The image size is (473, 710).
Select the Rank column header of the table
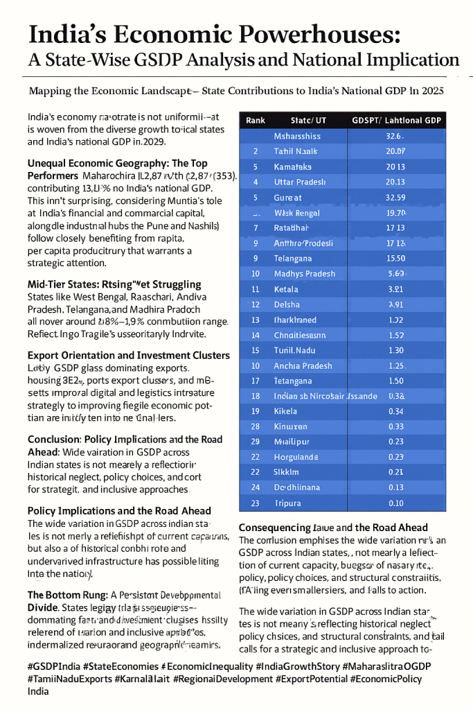tap(256, 120)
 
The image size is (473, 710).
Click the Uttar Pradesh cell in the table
tap(300, 182)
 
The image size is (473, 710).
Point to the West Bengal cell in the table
tap(297, 212)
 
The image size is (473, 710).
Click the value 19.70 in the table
tap(395, 212)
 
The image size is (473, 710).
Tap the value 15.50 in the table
tap(395, 258)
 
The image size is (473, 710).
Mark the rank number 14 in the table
tap(256, 334)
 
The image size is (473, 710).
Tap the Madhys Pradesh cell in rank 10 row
tap(305, 273)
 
